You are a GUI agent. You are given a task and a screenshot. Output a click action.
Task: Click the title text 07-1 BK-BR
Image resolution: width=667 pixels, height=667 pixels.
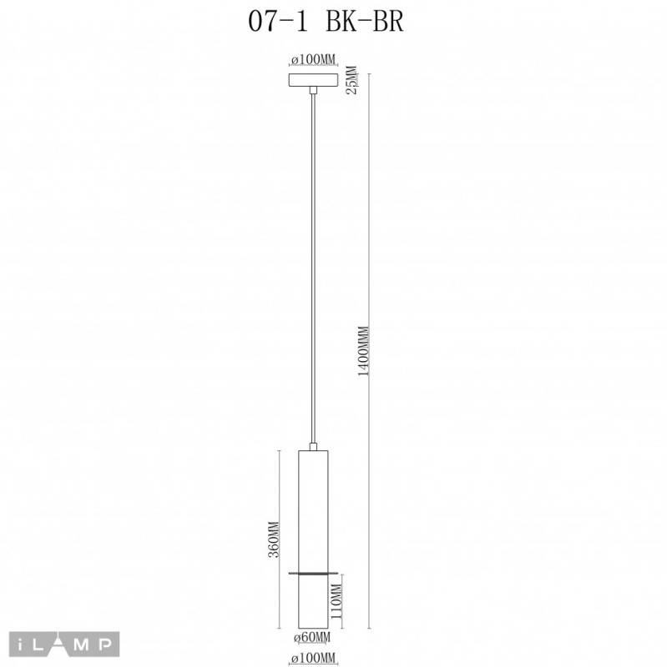coord(326,22)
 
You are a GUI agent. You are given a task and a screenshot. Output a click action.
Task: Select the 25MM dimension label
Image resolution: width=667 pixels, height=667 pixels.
coord(352,81)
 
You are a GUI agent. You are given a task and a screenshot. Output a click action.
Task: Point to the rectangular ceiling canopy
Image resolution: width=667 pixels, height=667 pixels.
coord(312,80)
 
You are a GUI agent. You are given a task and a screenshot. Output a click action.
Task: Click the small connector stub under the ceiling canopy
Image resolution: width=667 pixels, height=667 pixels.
coord(312,90)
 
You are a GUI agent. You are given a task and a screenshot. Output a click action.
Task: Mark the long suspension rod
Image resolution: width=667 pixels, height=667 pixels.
coord(313,267)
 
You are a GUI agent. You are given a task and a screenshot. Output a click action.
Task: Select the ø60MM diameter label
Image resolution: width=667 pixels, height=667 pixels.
coord(313,639)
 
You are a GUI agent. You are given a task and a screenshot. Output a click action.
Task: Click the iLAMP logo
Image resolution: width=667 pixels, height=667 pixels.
coord(65,643)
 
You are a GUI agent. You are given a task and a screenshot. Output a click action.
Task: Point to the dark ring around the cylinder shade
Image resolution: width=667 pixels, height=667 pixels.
coord(313,573)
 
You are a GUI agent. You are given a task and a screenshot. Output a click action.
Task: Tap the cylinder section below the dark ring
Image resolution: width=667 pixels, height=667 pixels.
coord(313,600)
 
